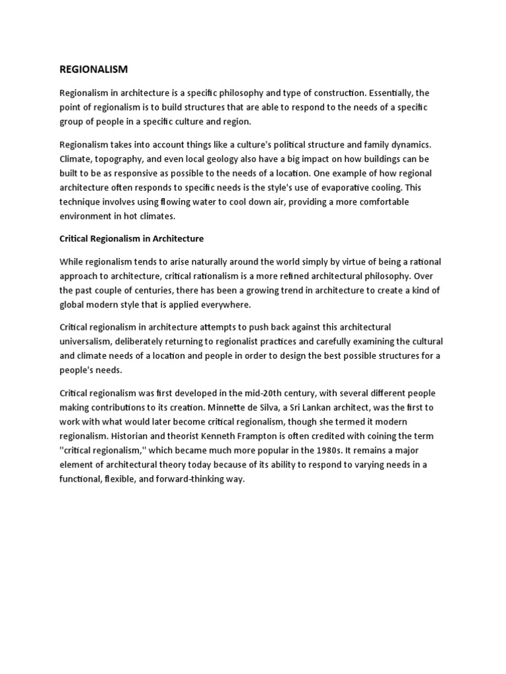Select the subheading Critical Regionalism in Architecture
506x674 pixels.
(x=132, y=238)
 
